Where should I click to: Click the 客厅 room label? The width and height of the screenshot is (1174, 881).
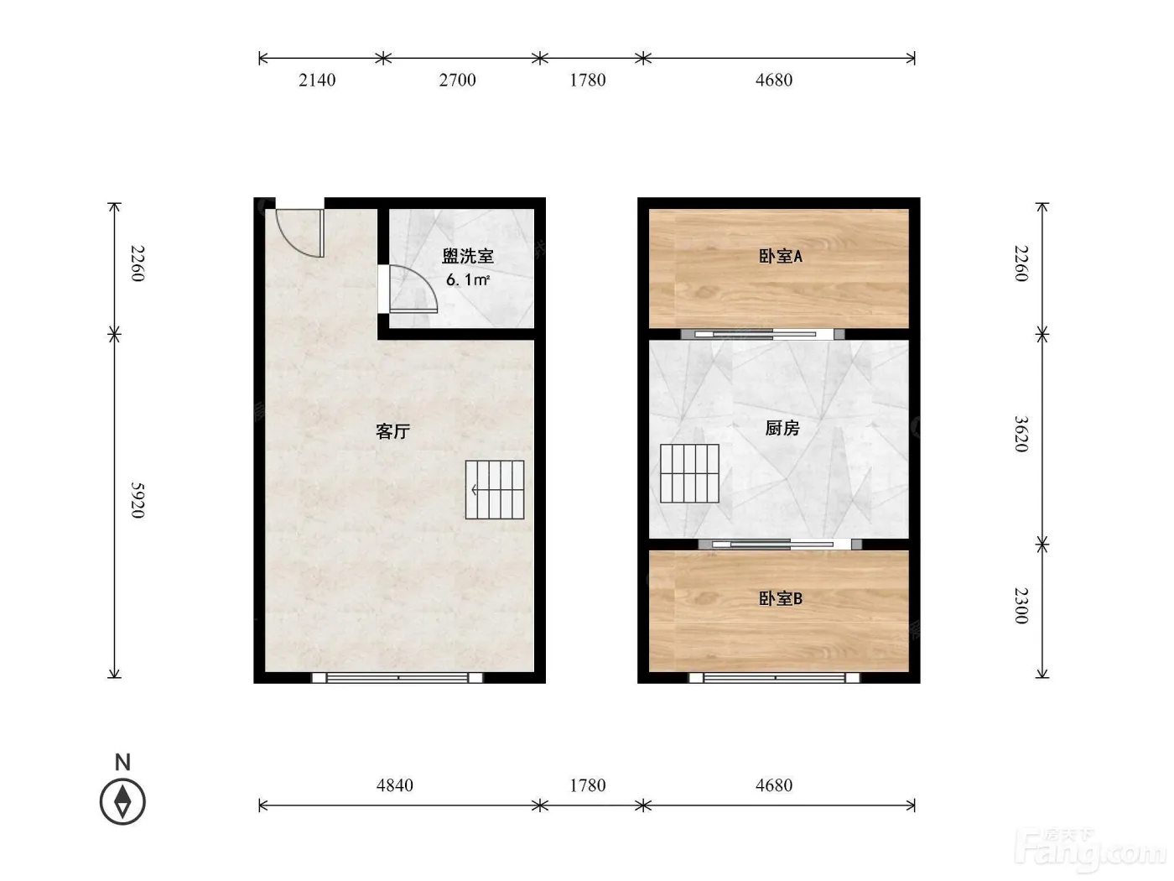(x=392, y=431)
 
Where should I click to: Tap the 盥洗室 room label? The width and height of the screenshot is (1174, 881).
(x=467, y=256)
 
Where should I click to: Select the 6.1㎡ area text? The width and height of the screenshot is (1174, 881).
(x=467, y=279)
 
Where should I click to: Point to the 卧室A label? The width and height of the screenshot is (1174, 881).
(x=781, y=256)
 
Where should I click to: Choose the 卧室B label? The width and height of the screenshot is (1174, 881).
(x=781, y=598)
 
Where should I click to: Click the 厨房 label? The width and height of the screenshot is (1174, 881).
(x=782, y=428)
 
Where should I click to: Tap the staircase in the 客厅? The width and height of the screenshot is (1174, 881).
(x=494, y=489)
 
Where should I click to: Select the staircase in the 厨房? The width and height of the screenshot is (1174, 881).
(x=689, y=473)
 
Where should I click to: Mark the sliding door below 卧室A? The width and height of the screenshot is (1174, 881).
(x=762, y=334)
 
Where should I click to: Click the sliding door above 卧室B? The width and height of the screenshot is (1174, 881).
(x=780, y=544)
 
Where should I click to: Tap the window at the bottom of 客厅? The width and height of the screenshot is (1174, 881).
(x=397, y=678)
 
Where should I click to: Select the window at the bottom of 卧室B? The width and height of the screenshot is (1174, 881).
(x=775, y=678)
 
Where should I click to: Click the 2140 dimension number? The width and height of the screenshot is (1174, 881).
(x=317, y=81)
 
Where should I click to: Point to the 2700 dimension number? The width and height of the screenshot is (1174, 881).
(x=457, y=81)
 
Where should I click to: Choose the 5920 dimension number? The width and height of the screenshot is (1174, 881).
(x=138, y=500)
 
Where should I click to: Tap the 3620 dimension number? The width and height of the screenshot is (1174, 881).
(x=1021, y=434)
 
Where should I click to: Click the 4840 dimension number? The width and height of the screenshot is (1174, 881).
(x=395, y=785)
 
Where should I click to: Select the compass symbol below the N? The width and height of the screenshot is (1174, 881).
(x=122, y=802)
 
